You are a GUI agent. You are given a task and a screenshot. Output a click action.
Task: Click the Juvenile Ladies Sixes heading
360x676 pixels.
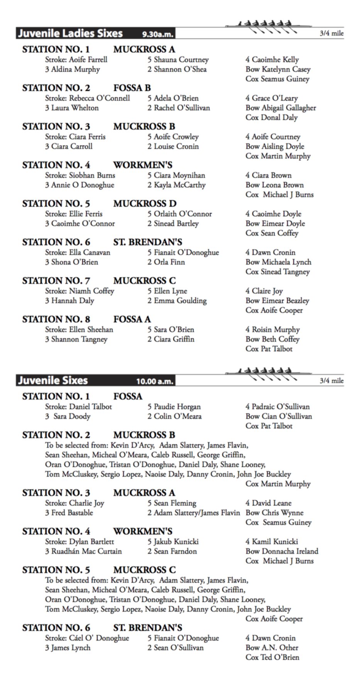(70, 34)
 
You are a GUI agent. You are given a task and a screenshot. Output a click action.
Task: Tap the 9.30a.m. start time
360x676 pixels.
(157, 35)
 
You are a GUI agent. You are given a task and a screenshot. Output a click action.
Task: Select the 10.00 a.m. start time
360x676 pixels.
(154, 382)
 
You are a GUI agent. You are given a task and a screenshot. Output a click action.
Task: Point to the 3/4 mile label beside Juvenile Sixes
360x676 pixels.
(331, 381)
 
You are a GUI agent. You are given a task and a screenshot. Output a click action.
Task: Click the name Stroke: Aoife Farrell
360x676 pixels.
(76, 60)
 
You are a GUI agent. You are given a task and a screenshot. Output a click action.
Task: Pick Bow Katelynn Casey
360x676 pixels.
(278, 69)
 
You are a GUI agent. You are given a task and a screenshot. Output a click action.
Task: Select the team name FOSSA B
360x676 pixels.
(132, 88)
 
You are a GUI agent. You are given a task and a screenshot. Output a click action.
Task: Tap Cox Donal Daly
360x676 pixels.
(271, 118)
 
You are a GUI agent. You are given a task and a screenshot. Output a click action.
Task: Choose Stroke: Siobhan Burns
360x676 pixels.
(80, 175)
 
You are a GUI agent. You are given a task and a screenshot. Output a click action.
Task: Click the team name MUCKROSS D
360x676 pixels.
(145, 204)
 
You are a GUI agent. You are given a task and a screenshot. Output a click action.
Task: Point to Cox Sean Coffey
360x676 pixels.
(272, 233)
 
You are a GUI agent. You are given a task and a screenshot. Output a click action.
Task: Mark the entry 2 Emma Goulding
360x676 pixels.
(177, 301)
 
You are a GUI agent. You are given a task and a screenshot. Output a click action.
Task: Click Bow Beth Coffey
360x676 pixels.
(272, 339)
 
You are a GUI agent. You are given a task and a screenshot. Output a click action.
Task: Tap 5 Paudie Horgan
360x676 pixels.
(174, 407)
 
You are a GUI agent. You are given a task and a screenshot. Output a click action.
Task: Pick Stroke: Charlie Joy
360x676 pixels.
(74, 503)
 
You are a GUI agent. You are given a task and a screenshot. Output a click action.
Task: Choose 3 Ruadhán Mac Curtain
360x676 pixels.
(83, 551)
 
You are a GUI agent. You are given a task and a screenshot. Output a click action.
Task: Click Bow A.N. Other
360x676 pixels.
(272, 648)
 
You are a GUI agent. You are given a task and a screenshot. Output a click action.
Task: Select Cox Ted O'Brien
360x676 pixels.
(272, 657)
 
